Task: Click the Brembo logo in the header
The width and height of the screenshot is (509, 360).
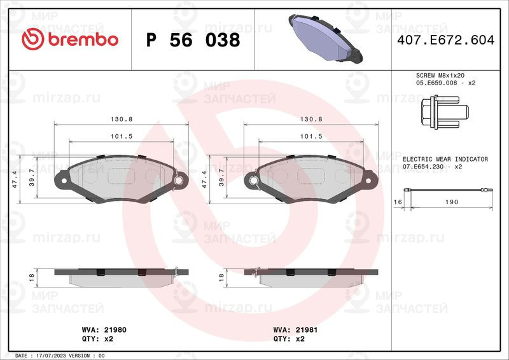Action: [70, 39]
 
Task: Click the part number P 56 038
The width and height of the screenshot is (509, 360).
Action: [193, 40]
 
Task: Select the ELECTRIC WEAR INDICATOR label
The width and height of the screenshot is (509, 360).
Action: [445, 159]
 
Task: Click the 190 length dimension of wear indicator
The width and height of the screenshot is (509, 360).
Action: [450, 202]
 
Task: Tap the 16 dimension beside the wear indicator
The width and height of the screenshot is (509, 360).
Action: [398, 202]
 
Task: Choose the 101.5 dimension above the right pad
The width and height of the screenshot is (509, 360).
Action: [311, 136]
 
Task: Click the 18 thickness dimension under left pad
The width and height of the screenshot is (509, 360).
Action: [31, 277]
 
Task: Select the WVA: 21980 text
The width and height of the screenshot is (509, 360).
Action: [96, 330]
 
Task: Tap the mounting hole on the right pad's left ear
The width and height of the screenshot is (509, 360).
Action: [254, 182]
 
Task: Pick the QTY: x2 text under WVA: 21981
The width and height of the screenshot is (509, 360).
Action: [289, 339]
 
